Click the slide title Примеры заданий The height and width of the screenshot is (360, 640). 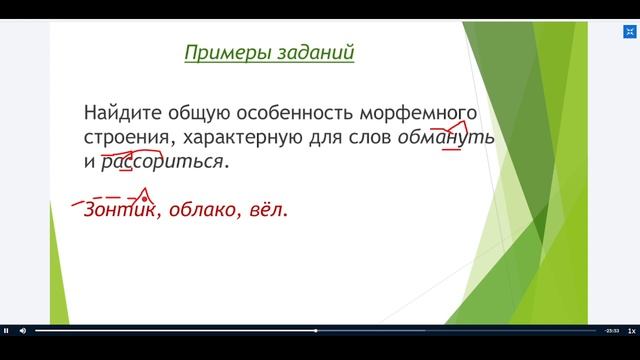(x=269, y=53)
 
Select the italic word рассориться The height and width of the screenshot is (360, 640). (x=164, y=160)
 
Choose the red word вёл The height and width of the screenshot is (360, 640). (x=266, y=210)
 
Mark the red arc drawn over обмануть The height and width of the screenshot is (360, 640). (x=450, y=126)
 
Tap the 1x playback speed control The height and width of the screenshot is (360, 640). (x=631, y=330)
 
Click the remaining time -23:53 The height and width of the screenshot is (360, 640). (x=610, y=330)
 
